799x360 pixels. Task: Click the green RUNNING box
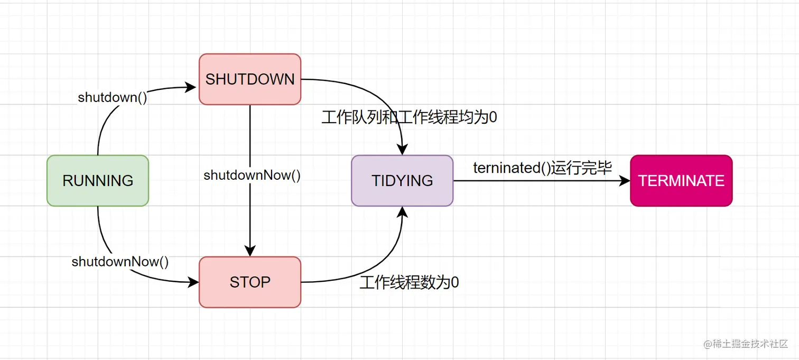tap(98, 181)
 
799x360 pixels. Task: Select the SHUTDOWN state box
tap(250, 79)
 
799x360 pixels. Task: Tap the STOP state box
tap(250, 282)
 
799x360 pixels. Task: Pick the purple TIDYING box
tap(402, 181)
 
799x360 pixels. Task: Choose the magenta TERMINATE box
tap(681, 181)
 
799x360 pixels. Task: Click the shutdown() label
tap(113, 97)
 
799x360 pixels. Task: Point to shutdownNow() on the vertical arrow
tap(252, 176)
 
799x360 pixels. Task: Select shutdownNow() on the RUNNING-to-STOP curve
tap(120, 262)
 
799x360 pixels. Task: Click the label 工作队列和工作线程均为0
tap(410, 117)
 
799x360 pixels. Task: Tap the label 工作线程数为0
tap(409, 283)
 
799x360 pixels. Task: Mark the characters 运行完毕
tap(581, 168)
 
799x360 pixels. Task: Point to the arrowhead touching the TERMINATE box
tap(625, 181)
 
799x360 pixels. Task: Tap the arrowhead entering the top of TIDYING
tap(402, 150)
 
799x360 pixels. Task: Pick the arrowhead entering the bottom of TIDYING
tap(402, 211)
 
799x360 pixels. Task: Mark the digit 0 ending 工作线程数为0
tap(454, 283)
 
